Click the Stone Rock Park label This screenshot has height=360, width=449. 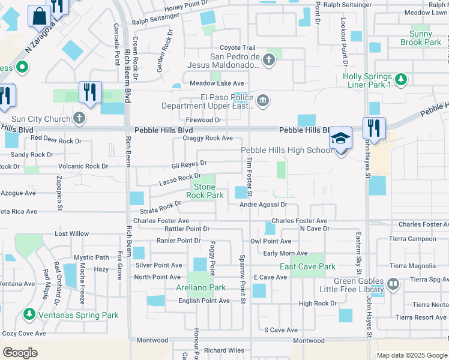pos(205,191)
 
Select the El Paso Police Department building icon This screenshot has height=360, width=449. pos(262,99)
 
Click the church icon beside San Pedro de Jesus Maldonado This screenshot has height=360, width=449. pos(268,60)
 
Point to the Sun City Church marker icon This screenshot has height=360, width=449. pos(79,119)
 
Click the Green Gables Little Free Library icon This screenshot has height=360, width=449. pos(393,283)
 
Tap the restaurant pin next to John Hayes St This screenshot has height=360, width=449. pos(373,127)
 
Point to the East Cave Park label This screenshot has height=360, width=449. pos(307,266)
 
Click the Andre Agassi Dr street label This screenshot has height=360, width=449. pos(264,205)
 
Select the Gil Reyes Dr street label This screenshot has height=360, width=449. pos(188,163)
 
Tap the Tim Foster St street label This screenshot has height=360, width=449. pos(249,175)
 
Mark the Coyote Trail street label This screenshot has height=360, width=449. pos(237,48)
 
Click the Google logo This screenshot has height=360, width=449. pos(20,353)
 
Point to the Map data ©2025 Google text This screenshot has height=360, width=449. pos(411,355)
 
